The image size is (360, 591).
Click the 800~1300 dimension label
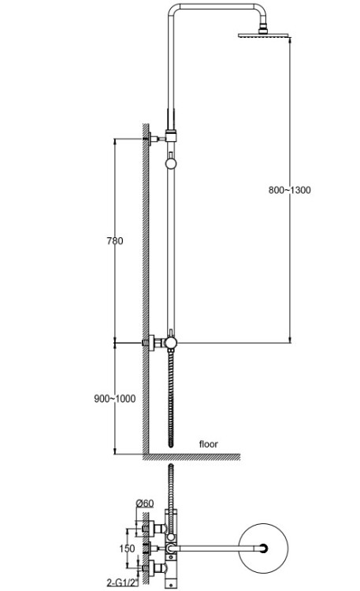[x=290, y=190]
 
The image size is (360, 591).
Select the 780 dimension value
[x=114, y=240]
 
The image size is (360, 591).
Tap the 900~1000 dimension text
[x=114, y=399]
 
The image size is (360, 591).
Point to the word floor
[x=209, y=444]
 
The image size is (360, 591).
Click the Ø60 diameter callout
[x=145, y=504]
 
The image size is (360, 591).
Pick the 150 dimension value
[x=127, y=548]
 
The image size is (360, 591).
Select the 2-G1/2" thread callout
[x=123, y=582]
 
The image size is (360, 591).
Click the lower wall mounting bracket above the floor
[x=154, y=343]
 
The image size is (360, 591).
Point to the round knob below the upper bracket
[x=171, y=163]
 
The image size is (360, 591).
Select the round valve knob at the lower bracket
[x=171, y=343]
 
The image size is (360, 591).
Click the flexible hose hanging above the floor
[x=171, y=399]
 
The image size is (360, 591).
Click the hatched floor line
[x=191, y=457]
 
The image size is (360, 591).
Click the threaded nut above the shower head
[x=263, y=29]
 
